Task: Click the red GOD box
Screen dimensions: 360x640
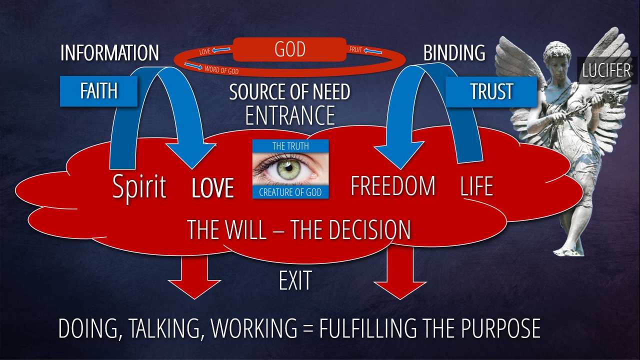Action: click(289, 50)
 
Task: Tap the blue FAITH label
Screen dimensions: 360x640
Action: click(98, 91)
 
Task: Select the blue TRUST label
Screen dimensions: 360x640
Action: click(491, 91)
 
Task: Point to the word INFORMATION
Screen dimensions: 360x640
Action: click(109, 53)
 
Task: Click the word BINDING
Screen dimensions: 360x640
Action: click(454, 53)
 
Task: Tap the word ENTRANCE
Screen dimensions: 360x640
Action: click(290, 115)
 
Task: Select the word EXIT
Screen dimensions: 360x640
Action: click(295, 280)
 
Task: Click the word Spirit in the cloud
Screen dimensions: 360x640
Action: click(139, 187)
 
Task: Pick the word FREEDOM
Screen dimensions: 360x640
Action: click(393, 186)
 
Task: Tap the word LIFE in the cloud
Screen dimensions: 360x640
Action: click(476, 186)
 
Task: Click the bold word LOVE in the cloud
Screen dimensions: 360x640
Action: click(213, 188)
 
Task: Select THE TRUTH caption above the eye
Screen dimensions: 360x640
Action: click(290, 146)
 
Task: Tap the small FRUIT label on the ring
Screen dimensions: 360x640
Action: click(356, 49)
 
